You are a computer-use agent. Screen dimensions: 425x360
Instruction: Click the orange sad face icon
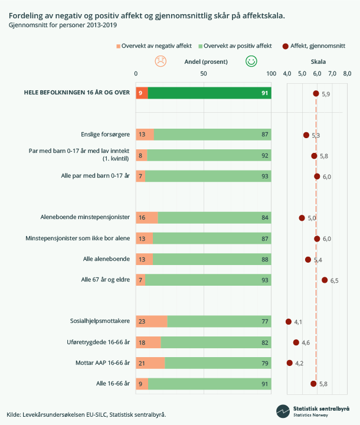click(x=160, y=61)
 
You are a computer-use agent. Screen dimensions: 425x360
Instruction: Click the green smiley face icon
click(x=251, y=61)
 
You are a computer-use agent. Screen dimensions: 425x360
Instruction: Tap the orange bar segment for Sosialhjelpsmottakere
click(x=152, y=322)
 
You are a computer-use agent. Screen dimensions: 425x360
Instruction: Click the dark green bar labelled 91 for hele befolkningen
click(x=210, y=93)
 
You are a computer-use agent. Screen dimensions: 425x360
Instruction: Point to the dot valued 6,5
click(x=325, y=280)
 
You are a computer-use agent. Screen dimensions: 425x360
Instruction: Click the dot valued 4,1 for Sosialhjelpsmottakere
click(x=289, y=322)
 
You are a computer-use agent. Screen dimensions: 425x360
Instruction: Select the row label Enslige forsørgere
click(x=105, y=135)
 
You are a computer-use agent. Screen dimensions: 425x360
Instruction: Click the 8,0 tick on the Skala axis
click(x=347, y=73)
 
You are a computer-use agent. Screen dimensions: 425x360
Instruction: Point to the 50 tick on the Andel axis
click(x=204, y=73)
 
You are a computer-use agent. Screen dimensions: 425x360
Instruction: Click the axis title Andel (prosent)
click(x=202, y=61)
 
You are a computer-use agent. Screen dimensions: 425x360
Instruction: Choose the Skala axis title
click(x=318, y=61)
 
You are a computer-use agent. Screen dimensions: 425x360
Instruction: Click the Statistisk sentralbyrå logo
click(x=314, y=411)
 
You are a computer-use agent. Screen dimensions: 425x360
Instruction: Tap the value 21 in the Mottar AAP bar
click(x=142, y=363)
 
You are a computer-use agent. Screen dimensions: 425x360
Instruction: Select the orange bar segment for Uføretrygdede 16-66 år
click(x=148, y=342)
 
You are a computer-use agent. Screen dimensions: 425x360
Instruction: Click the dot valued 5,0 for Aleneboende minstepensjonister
click(x=302, y=218)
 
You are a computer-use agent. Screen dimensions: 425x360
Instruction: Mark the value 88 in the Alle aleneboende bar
click(x=265, y=259)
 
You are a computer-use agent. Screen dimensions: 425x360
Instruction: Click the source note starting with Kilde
click(x=86, y=414)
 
